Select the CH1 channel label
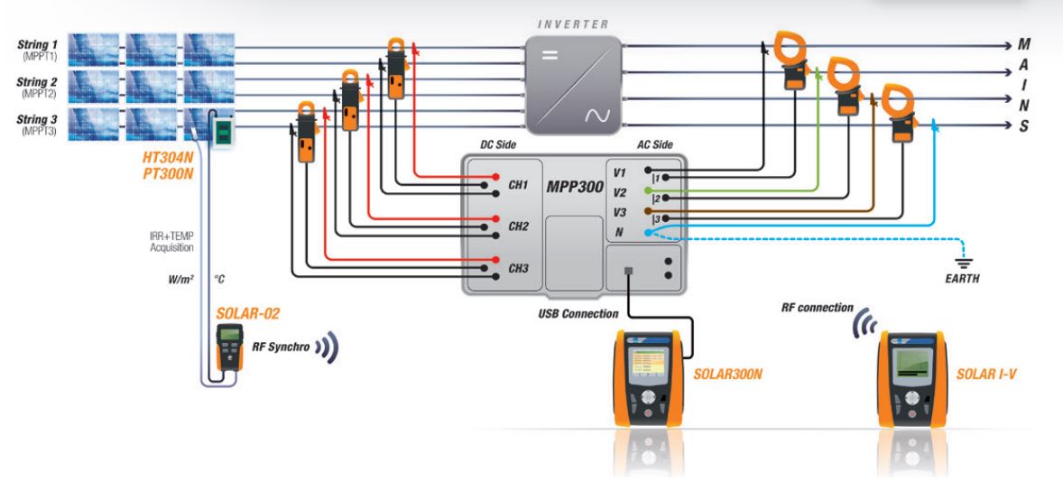tap(518, 185)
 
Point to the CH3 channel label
tap(518, 269)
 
